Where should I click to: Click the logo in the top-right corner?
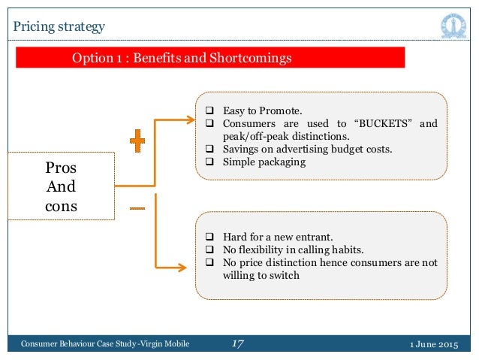[x=452, y=26]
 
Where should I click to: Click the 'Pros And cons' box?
[x=62, y=186]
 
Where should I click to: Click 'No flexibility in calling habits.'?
[x=288, y=249]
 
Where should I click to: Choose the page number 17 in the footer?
[x=238, y=344]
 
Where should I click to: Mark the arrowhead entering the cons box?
[x=182, y=265]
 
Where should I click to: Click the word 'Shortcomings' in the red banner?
[x=251, y=58]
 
